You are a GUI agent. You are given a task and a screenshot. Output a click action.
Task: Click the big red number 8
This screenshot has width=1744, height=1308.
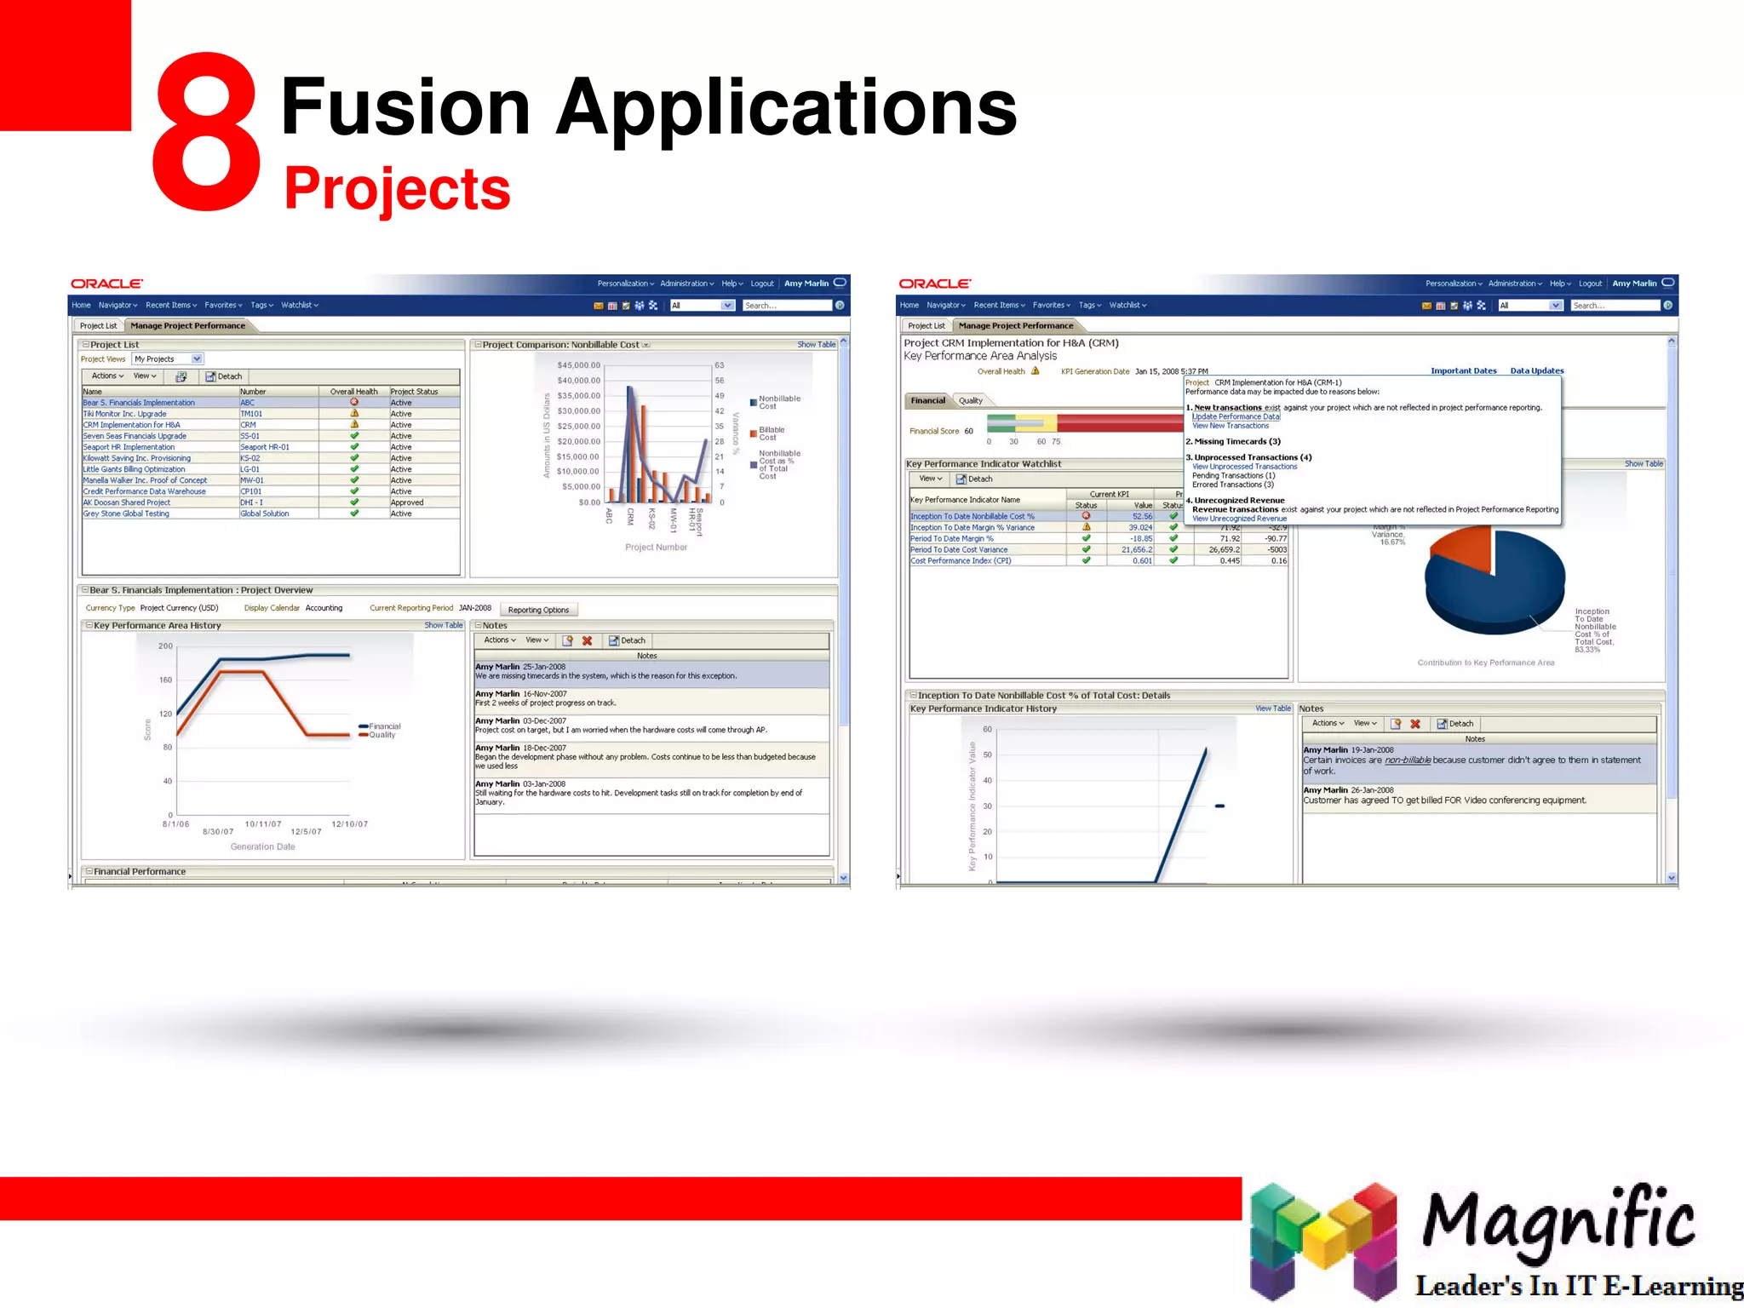click(206, 132)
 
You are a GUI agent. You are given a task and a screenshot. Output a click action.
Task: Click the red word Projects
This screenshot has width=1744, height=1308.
click(397, 188)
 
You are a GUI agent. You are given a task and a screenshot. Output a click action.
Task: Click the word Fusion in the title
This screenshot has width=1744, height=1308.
click(405, 106)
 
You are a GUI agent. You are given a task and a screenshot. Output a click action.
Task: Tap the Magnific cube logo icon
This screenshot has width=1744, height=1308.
click(1322, 1240)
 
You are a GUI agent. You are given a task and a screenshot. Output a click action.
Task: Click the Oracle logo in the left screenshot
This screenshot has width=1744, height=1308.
click(106, 284)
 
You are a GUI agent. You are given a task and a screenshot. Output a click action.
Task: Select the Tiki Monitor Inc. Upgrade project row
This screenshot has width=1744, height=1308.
click(124, 414)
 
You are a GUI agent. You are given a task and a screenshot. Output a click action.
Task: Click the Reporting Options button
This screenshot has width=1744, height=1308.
click(538, 610)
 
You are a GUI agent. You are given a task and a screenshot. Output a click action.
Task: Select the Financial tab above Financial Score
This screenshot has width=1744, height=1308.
click(927, 400)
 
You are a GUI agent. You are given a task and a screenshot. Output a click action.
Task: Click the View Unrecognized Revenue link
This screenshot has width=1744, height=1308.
click(1239, 519)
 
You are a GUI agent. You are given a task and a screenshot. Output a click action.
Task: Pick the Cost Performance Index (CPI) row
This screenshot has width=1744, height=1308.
click(961, 561)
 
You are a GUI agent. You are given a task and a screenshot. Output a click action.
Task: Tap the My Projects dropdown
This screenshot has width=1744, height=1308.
click(167, 359)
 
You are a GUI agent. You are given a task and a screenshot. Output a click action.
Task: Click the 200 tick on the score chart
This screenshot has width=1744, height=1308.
click(165, 646)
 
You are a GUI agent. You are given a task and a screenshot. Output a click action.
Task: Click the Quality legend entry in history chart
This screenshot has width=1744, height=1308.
click(381, 735)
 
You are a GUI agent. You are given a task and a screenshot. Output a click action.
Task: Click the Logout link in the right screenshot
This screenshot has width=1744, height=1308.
click(1590, 284)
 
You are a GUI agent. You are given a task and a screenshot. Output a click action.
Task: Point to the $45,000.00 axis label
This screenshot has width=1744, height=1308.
click(578, 365)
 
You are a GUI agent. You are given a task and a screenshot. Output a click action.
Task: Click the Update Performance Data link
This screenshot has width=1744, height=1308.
click(1235, 416)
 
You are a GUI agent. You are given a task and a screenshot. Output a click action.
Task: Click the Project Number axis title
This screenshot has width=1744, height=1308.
click(656, 548)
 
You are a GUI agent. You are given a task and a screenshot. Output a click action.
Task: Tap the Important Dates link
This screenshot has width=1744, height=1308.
click(1463, 371)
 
